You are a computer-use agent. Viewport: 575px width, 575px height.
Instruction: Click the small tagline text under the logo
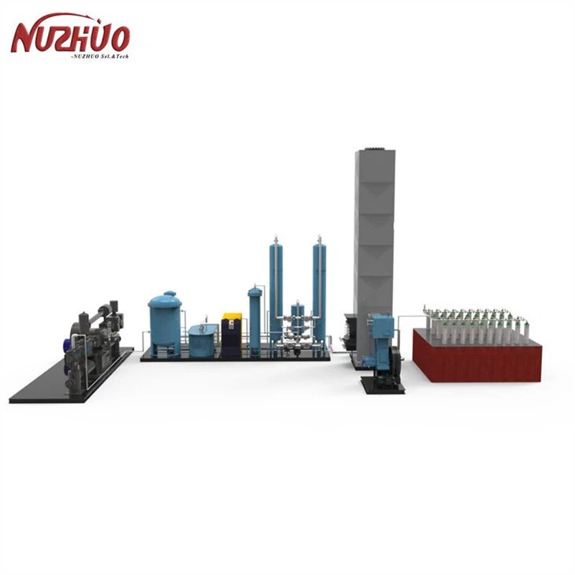[x=99, y=57]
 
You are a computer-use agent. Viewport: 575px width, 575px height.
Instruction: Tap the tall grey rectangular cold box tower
[x=373, y=236]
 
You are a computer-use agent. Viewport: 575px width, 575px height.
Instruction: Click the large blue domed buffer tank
[x=165, y=321]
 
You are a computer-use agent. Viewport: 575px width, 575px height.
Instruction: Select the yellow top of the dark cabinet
[x=232, y=317]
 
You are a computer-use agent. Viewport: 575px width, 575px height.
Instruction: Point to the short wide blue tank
[x=203, y=340]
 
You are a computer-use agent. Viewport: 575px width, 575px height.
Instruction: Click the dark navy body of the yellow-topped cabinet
[x=232, y=337]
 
